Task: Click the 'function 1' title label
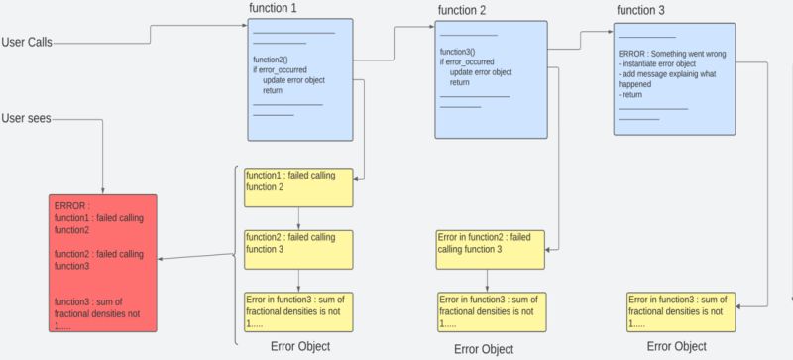[273, 8]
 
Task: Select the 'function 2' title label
[461, 11]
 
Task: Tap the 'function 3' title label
[640, 11]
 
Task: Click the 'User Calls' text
[28, 43]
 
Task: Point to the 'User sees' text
[27, 119]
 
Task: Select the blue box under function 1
[299, 79]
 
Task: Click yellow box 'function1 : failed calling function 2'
[298, 186]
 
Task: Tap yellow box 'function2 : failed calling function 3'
[298, 249]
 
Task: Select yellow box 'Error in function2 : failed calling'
[490, 249]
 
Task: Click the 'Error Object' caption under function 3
[676, 346]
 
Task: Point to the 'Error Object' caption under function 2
[484, 348]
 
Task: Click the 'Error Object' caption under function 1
[300, 346]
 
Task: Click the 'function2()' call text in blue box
[271, 60]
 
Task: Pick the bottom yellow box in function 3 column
[680, 310]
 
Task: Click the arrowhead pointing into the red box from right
[162, 260]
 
